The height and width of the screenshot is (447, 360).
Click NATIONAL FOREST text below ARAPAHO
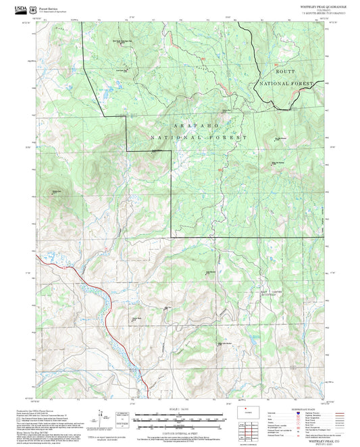coord(199,137)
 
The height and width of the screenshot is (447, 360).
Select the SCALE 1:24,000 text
coord(179,408)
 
